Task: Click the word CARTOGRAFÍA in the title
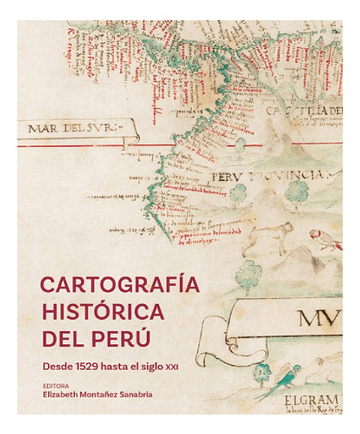tap(121, 286)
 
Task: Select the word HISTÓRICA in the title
tap(102, 311)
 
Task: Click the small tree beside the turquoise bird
tap(262, 372)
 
